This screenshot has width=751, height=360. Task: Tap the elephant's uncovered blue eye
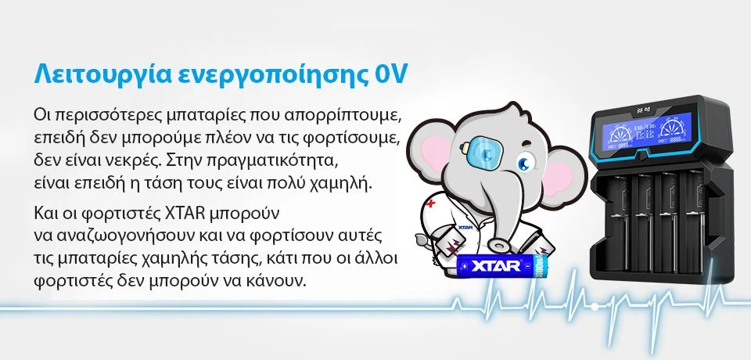coord(526,163)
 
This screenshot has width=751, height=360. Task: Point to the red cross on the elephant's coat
coord(431,203)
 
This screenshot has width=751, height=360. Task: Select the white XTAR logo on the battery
coord(496,265)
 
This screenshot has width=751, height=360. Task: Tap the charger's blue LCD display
coord(647,131)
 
